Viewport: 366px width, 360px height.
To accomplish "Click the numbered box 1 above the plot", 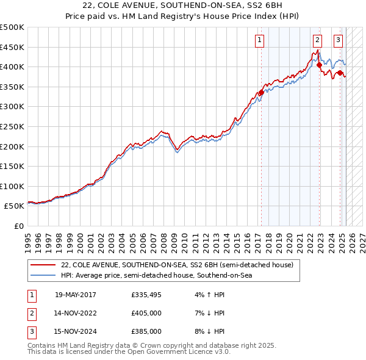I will click(259, 41).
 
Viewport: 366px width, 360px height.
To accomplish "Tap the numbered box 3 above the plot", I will click(338, 41).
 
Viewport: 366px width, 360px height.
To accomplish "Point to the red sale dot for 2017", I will click(261, 93).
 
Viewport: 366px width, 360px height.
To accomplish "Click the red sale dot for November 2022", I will click(319, 65).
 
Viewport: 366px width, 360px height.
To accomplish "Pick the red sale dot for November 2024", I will click(340, 73).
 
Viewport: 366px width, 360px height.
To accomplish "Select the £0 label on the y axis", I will click(18, 226).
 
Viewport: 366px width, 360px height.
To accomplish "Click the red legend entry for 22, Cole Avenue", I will click(177, 265).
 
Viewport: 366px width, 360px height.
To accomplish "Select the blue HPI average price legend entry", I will click(156, 276).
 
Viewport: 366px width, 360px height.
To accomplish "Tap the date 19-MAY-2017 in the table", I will click(76, 295).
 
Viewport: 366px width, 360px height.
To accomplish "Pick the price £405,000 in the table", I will click(146, 313).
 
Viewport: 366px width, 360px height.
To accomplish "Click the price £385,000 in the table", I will click(146, 331).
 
